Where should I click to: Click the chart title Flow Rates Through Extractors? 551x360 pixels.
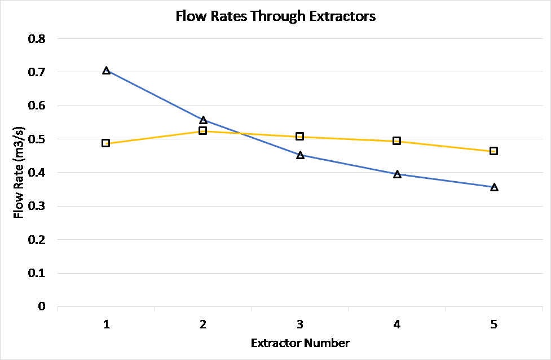coord(275,16)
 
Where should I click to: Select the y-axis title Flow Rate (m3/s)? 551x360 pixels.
coord(19,173)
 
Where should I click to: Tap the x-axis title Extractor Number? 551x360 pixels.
coord(300,343)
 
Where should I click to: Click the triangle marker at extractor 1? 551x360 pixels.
coord(106,71)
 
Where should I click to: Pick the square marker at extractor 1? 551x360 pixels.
coord(106,143)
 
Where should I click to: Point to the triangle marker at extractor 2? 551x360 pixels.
coord(203,120)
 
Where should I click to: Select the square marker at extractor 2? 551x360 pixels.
coord(203,131)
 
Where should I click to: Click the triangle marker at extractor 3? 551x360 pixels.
coord(300,155)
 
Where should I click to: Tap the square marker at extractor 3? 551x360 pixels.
coord(300,137)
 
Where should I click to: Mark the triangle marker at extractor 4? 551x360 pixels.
coord(397,174)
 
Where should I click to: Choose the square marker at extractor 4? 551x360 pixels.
coord(397,141)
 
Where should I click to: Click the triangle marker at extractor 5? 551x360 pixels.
coord(494,187)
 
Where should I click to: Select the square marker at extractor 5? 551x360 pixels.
coord(494,151)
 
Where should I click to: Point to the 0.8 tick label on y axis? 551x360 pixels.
coord(37,39)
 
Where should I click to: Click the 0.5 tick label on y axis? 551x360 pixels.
coord(37,139)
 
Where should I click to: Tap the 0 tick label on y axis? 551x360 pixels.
coord(41,306)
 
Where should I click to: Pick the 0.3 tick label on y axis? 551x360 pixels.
coord(37,207)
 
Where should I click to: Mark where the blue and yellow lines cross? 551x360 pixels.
coord(241,134)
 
